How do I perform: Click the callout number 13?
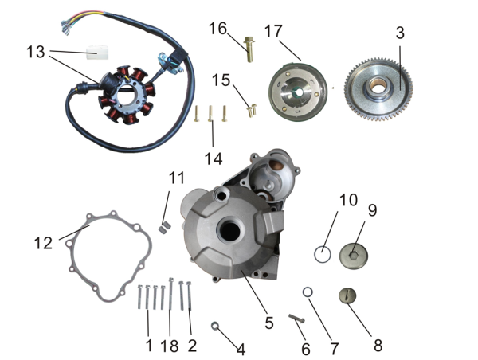(x=36, y=52)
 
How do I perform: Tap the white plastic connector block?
(x=97, y=52)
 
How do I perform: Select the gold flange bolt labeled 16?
(x=249, y=49)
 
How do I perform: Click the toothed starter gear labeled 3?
(x=378, y=88)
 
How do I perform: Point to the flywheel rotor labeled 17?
(x=297, y=91)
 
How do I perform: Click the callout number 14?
(x=214, y=159)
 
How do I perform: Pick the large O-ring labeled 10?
(x=322, y=254)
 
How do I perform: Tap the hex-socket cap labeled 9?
(x=354, y=256)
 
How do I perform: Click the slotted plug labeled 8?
(x=347, y=295)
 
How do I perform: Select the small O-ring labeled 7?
(x=308, y=292)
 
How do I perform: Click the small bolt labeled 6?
(x=296, y=319)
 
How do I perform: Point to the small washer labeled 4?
(x=215, y=326)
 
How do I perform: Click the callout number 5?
(x=269, y=323)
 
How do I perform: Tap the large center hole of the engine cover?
(x=230, y=231)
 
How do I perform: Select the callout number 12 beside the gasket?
(x=43, y=243)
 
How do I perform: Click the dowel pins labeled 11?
(x=165, y=228)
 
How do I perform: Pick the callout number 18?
(x=170, y=346)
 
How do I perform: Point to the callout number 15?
(x=221, y=80)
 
